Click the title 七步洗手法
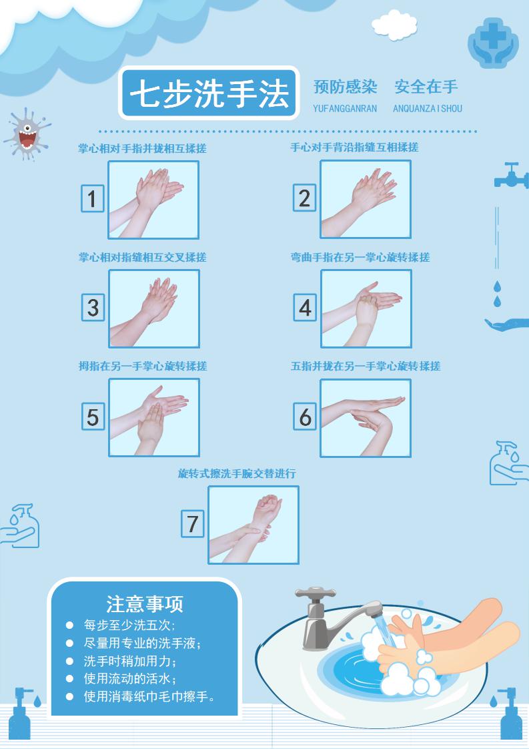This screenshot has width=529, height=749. pyautogui.click(x=209, y=93)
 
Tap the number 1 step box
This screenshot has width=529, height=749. pyautogui.click(x=92, y=198)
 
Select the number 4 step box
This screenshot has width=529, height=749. pyautogui.click(x=305, y=307)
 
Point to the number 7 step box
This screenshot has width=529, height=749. pyautogui.click(x=192, y=523)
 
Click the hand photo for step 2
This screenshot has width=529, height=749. pyautogui.click(x=366, y=199)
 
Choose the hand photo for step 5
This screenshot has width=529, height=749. pyautogui.click(x=153, y=417)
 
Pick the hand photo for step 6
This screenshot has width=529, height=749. pyautogui.click(x=366, y=418)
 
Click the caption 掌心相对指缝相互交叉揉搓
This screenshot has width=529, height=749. pyautogui.click(x=142, y=257)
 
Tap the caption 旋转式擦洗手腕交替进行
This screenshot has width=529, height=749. pyautogui.click(x=237, y=473)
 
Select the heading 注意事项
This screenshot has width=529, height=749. pyautogui.click(x=145, y=603)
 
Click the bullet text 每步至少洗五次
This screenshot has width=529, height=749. pyautogui.click(x=129, y=625)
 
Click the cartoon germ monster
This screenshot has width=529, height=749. pyautogui.click(x=27, y=134)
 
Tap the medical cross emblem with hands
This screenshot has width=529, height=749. pyautogui.click(x=493, y=43)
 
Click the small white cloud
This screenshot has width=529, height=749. pyautogui.click(x=394, y=25)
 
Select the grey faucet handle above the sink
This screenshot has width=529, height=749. pyautogui.click(x=315, y=593)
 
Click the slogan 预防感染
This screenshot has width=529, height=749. pyautogui.click(x=345, y=87)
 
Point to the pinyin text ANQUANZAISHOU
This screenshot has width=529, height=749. pyautogui.click(x=428, y=108)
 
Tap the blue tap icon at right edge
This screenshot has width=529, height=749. pyautogui.click(x=512, y=176)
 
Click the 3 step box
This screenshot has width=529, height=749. pyautogui.click(x=93, y=307)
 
